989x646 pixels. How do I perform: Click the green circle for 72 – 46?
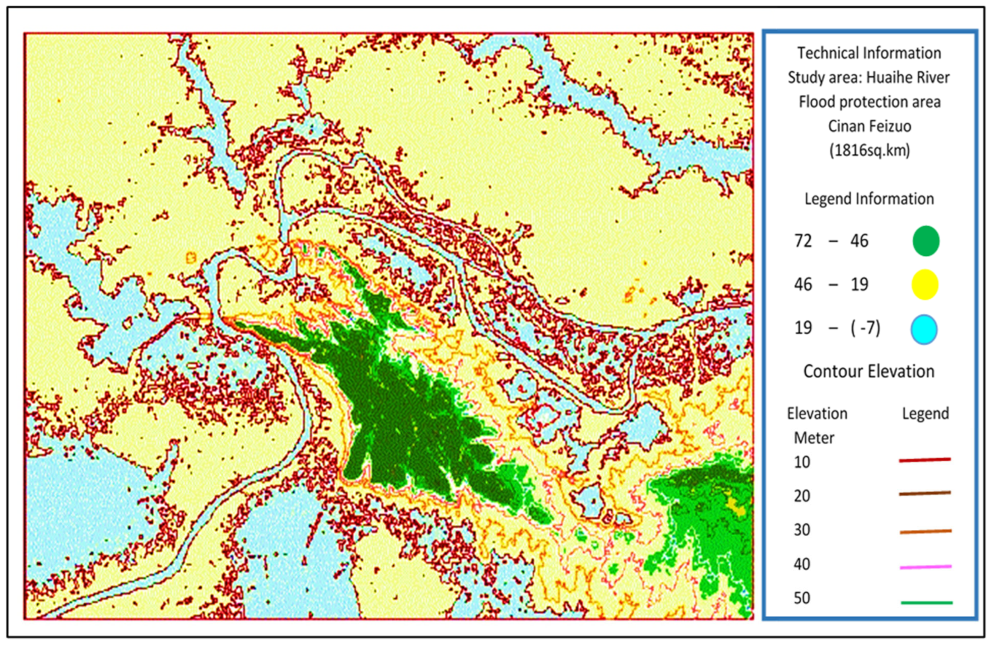(926, 241)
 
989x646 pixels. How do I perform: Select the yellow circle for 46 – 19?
(925, 285)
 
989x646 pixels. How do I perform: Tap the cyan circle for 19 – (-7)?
(924, 330)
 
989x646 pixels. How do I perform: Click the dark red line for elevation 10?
(925, 460)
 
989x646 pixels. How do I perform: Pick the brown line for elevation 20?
(925, 493)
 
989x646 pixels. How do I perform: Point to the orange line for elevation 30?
(925, 531)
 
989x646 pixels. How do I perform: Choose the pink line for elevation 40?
(925, 566)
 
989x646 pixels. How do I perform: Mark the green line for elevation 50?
(927, 602)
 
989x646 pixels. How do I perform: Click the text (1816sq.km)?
(869, 150)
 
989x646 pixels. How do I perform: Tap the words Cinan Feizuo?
(869, 126)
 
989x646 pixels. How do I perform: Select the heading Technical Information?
(869, 53)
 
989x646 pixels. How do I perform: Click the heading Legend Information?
(869, 199)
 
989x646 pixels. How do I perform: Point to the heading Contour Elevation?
(869, 371)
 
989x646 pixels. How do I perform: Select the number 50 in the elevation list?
(802, 598)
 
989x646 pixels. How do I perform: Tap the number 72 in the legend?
(803, 241)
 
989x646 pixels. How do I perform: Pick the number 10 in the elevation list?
(802, 462)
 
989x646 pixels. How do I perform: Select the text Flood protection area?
(869, 102)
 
